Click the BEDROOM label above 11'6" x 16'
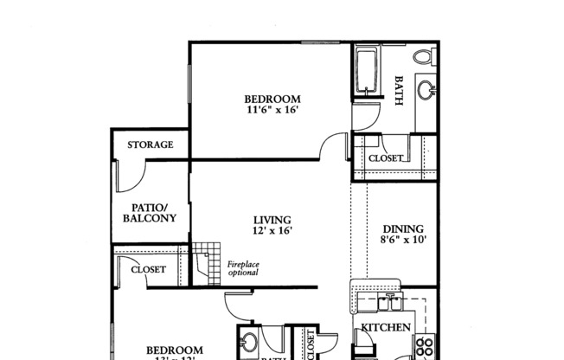click(272, 99)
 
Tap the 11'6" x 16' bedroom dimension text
click(272, 110)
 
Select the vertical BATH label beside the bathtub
click(399, 90)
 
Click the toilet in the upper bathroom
click(423, 57)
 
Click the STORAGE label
click(151, 145)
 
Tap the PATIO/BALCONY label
click(149, 213)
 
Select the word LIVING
click(272, 220)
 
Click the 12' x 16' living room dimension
click(272, 231)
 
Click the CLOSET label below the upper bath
click(386, 159)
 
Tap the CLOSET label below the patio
click(148, 270)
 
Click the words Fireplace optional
click(243, 268)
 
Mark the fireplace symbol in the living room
click(202, 262)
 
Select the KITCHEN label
click(385, 328)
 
